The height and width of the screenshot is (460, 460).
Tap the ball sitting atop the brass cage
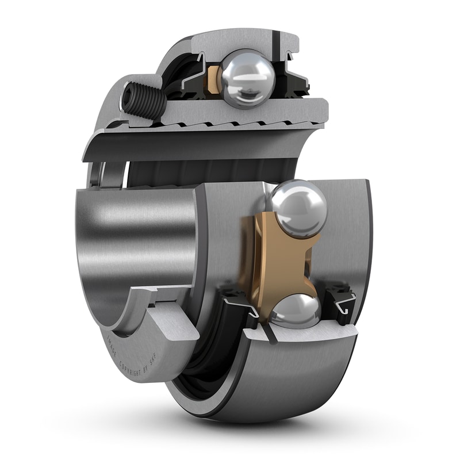tap(298, 208)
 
